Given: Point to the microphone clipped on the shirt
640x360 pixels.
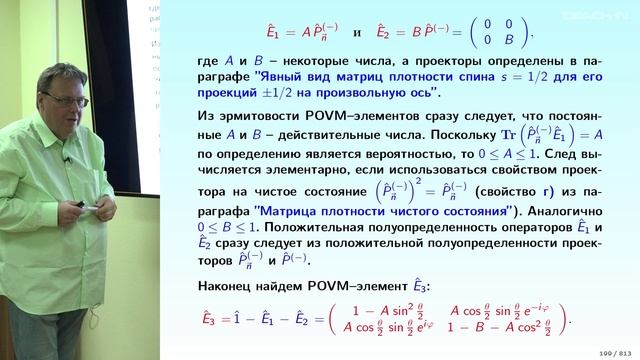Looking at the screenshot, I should [x=66, y=161].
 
